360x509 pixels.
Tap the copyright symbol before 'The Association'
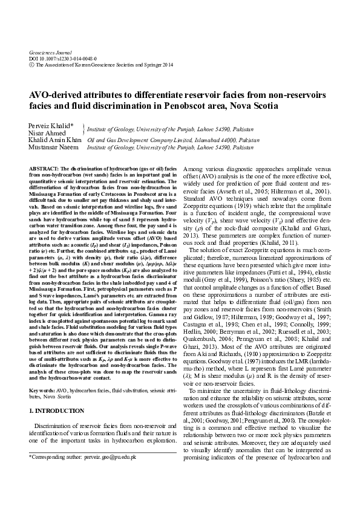pyautogui.click(x=31, y=65)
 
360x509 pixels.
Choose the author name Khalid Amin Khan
pyautogui.click(x=55, y=140)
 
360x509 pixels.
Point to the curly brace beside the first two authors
pyautogui.click(x=82, y=129)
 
